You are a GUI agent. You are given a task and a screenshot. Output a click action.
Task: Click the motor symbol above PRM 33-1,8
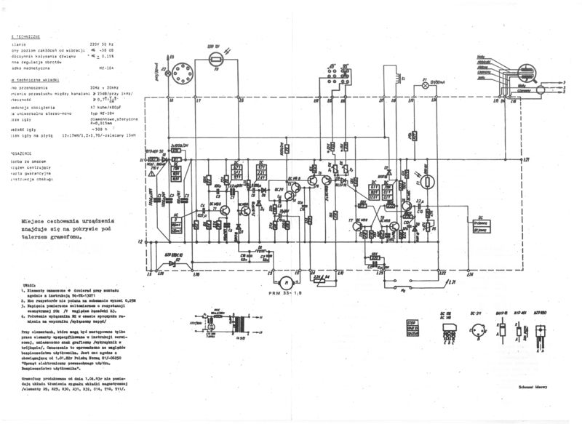[x=287, y=281]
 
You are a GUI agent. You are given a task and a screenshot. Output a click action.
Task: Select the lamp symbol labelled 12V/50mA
[x=426, y=84]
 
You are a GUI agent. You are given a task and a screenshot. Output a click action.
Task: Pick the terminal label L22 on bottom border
[x=442, y=273]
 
